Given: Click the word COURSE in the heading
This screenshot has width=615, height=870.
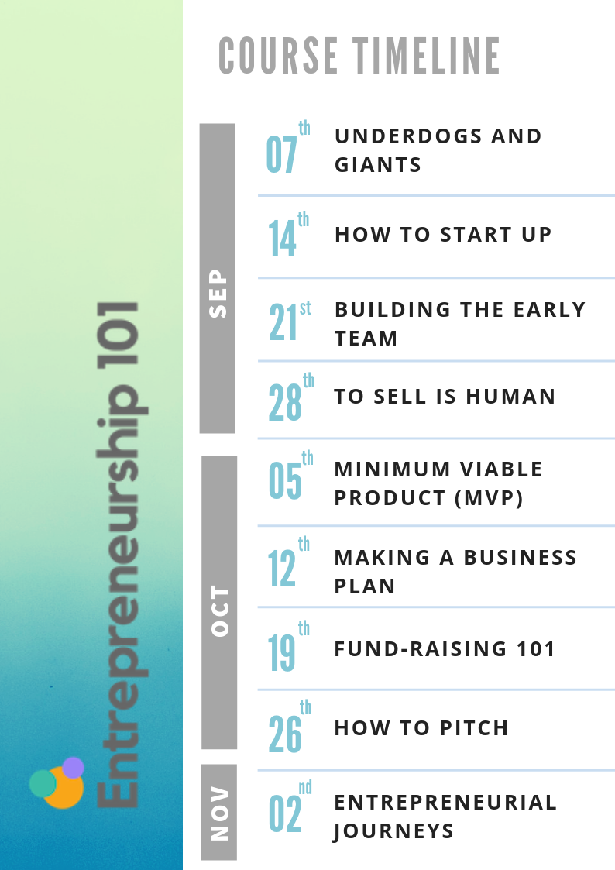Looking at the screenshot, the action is pos(278,56).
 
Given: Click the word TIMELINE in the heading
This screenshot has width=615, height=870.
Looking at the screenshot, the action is pos(427,56).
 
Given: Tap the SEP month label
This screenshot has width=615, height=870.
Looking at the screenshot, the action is pos(218,294).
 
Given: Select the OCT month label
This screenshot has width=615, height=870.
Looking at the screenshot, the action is pos(220,611).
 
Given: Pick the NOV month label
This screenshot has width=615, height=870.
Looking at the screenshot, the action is pos(220,813).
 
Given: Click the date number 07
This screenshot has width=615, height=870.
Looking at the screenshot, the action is pos(281,155).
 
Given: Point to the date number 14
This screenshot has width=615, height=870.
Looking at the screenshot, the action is pos(282,239).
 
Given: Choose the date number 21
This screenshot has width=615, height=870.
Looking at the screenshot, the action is pos(283,322).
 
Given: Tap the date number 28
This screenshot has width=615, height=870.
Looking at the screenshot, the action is pos(285,402).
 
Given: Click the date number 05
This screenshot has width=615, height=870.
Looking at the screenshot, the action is pos(285,480).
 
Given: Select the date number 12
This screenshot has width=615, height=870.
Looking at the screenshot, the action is pos(282,568).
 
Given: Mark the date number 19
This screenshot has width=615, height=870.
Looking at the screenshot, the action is pos(282,653).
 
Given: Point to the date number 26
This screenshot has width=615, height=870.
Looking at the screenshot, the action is pos(285,734).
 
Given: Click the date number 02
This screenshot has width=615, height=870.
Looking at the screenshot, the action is pos(285,814).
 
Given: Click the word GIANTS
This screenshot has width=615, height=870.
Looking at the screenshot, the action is pos(378,165).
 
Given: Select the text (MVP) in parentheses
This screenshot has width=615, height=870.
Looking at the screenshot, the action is pos(489,497).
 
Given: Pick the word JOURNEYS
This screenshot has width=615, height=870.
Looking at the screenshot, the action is pos(393,831).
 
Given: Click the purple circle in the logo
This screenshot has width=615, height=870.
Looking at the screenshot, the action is pos(74,768).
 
